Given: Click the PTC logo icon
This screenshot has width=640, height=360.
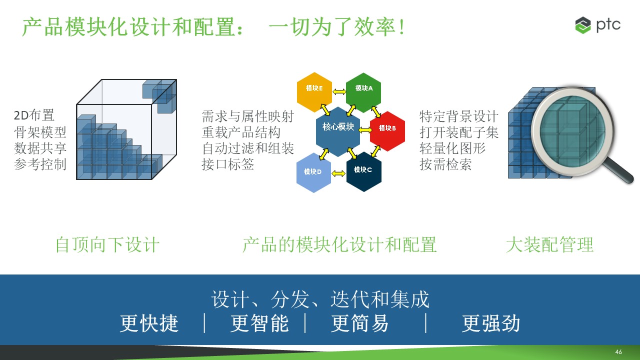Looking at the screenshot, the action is pyautogui.click(x=583, y=25).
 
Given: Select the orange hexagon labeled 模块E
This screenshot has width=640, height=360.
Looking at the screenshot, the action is pyautogui.click(x=314, y=92).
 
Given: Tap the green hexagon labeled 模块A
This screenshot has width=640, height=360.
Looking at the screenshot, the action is pyautogui.click(x=363, y=92).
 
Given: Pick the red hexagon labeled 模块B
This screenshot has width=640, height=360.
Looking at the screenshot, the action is pyautogui.click(x=387, y=131).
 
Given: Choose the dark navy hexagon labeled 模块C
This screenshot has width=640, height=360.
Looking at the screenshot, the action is pyautogui.click(x=363, y=171).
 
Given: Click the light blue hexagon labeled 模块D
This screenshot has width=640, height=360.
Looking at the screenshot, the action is pyautogui.click(x=313, y=172).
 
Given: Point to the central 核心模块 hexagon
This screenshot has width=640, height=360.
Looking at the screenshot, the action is pyautogui.click(x=338, y=131).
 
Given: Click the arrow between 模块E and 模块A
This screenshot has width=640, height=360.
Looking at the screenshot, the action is pyautogui.click(x=339, y=92).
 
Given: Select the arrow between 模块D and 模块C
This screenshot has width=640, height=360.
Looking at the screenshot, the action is pyautogui.click(x=338, y=173).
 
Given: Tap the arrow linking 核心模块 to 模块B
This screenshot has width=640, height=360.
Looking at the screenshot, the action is pyautogui.click(x=365, y=130).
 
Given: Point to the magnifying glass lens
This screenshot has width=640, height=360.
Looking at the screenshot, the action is pyautogui.click(x=572, y=131).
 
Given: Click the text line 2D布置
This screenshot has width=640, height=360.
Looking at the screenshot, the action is pyautogui.click(x=34, y=115).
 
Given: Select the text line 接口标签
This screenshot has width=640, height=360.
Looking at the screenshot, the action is pyautogui.click(x=227, y=164).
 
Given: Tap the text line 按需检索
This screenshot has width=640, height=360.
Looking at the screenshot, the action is pyautogui.click(x=445, y=164).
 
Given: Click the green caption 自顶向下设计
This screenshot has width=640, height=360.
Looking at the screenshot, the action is pyautogui.click(x=107, y=245).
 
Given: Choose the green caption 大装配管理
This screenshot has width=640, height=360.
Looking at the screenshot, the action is pyautogui.click(x=549, y=245).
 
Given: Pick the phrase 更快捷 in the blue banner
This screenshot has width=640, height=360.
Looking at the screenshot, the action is pyautogui.click(x=149, y=323).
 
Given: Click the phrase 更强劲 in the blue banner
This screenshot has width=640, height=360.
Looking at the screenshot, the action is pyautogui.click(x=491, y=323).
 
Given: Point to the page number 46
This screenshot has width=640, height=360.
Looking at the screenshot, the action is pyautogui.click(x=618, y=351).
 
